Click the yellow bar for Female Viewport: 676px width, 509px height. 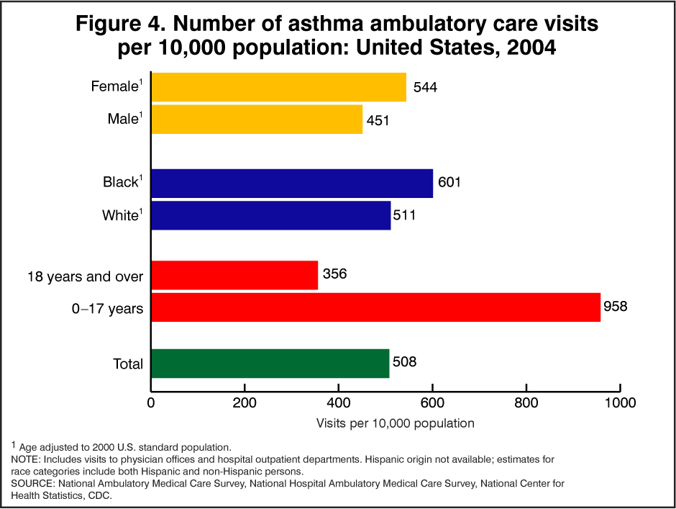[279, 87]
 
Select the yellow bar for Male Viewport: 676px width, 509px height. [257, 120]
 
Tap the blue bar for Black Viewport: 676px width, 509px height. [292, 183]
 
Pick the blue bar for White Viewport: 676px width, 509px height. [271, 215]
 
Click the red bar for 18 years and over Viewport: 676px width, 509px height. [234, 275]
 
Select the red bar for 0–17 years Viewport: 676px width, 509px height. [375, 307]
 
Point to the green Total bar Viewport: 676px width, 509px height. [270, 364]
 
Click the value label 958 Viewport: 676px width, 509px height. [616, 307]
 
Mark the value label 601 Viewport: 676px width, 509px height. [448, 183]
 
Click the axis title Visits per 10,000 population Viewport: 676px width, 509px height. [396, 423]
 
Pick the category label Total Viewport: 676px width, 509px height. [128, 364]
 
